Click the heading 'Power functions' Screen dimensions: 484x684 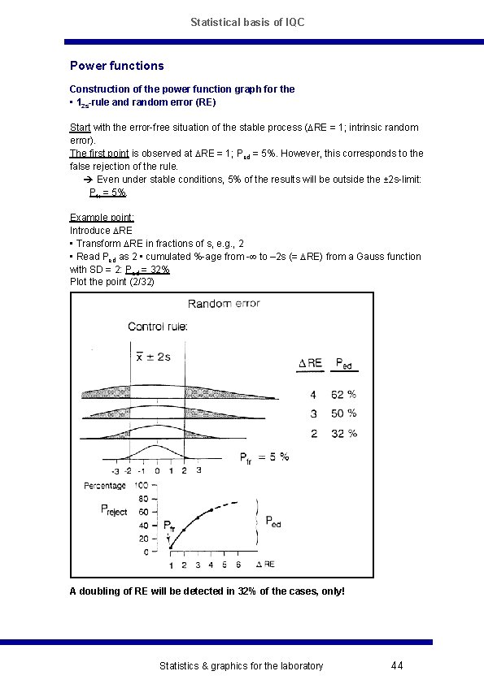(x=116, y=66)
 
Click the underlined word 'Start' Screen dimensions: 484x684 (x=81, y=128)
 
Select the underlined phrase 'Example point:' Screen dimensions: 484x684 (x=102, y=218)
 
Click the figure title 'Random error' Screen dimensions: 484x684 (x=224, y=304)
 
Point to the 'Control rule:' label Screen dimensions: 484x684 (x=158, y=327)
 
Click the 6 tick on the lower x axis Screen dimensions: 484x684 (x=238, y=565)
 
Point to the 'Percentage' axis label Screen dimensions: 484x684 (x=105, y=486)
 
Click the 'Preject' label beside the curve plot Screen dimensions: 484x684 (x=114, y=510)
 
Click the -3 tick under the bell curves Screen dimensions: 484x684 (x=116, y=470)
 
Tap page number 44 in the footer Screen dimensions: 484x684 (x=397, y=666)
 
